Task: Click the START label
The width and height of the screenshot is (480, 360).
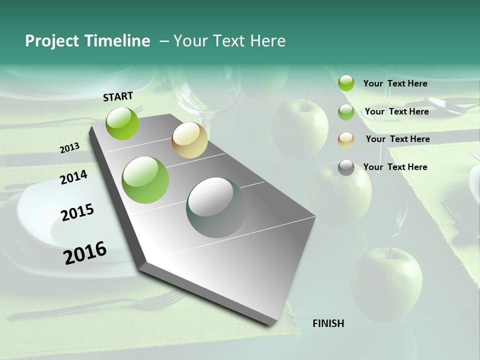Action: [x=118, y=96]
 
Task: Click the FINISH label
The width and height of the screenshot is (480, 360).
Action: [x=328, y=323]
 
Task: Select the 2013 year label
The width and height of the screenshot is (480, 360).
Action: [x=69, y=147]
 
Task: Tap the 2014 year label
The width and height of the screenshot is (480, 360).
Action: [x=73, y=177]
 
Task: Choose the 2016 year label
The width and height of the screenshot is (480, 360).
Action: [x=85, y=252]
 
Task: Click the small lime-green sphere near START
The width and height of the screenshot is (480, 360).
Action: [x=122, y=123]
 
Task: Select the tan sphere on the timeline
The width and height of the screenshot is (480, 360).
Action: [x=189, y=140]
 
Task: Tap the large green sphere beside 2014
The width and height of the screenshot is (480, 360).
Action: [x=145, y=180]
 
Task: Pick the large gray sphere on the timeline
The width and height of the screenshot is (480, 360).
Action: [x=216, y=207]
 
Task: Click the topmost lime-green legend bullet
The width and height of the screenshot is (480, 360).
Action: [x=346, y=83]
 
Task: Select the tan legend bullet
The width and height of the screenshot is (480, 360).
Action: [x=346, y=140]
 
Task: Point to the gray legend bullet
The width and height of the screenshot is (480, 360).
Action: [x=346, y=167]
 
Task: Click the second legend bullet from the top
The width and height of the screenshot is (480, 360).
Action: [x=346, y=112]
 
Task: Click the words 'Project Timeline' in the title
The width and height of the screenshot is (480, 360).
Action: [x=87, y=41]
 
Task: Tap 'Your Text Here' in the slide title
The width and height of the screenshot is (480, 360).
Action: [x=229, y=41]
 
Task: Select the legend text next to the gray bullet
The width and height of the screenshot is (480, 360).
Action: [x=395, y=167]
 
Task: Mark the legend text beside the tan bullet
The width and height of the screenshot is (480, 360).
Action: [x=397, y=139]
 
